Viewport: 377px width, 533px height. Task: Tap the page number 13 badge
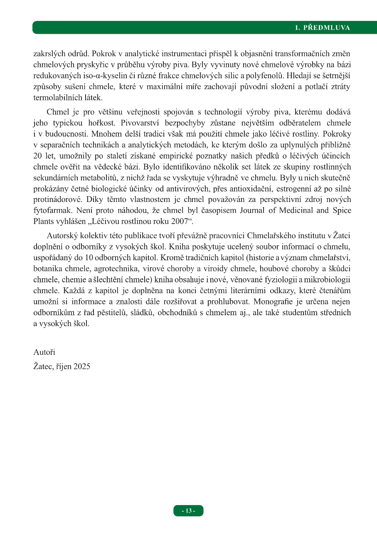coord(188,511)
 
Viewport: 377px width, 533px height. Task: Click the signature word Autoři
coord(44,352)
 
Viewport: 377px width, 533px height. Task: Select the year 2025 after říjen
coord(81,367)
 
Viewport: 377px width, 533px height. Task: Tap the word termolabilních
coord(55,97)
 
